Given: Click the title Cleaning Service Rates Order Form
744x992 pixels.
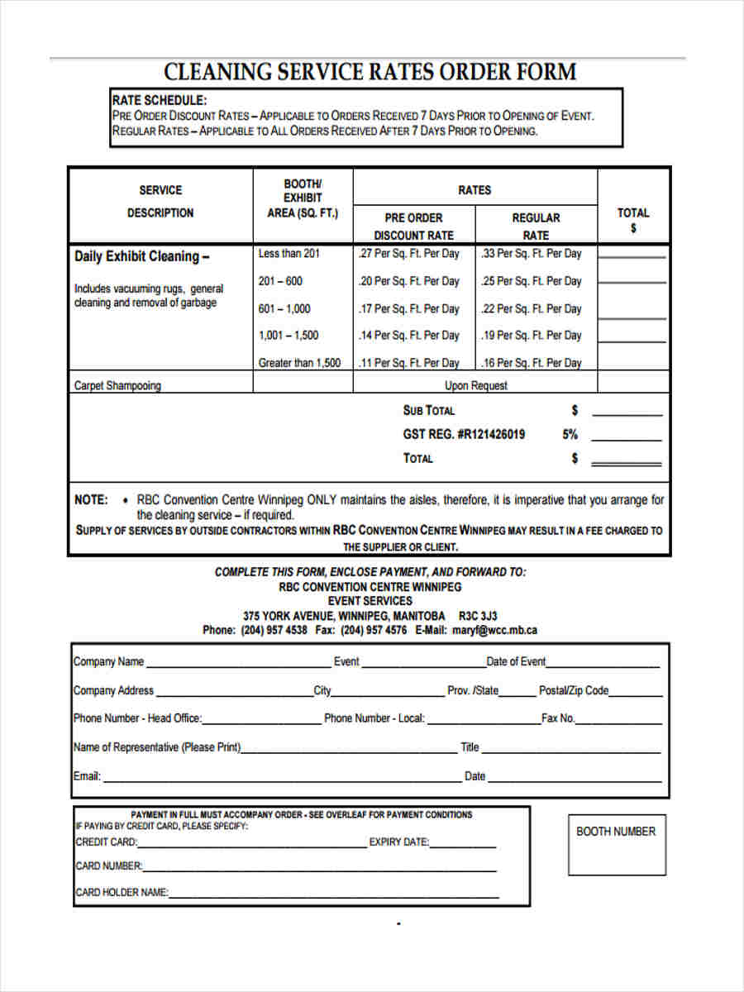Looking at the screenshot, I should (x=370, y=72).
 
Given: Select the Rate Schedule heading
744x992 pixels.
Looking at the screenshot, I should (x=159, y=101).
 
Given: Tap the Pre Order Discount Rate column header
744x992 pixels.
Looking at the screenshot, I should (x=413, y=227).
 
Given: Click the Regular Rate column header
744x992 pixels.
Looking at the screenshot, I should (x=536, y=227).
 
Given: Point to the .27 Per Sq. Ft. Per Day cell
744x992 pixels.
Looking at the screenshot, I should (x=408, y=254).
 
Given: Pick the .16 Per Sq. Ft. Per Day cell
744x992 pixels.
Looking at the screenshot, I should (x=532, y=363).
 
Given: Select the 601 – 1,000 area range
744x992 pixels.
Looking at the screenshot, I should (x=284, y=308).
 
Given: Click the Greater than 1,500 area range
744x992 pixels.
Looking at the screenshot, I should (x=299, y=363).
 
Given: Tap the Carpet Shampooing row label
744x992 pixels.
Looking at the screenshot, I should (x=117, y=385).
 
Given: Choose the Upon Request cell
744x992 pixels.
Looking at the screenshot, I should (x=476, y=385).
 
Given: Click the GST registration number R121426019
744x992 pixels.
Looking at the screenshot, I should (x=464, y=434).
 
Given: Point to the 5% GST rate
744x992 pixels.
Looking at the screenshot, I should (x=570, y=434).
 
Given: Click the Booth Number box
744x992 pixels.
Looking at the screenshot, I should (x=616, y=845).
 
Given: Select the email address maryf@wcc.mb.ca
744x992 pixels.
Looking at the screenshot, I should (x=494, y=630).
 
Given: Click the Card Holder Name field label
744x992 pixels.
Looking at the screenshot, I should (x=122, y=893).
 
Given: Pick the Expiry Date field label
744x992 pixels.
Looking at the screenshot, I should (x=398, y=842).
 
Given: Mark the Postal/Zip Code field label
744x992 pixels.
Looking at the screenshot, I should (x=574, y=690).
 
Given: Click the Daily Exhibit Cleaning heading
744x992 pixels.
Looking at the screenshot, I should (x=141, y=256).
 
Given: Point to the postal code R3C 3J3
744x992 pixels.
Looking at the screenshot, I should (x=478, y=616).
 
